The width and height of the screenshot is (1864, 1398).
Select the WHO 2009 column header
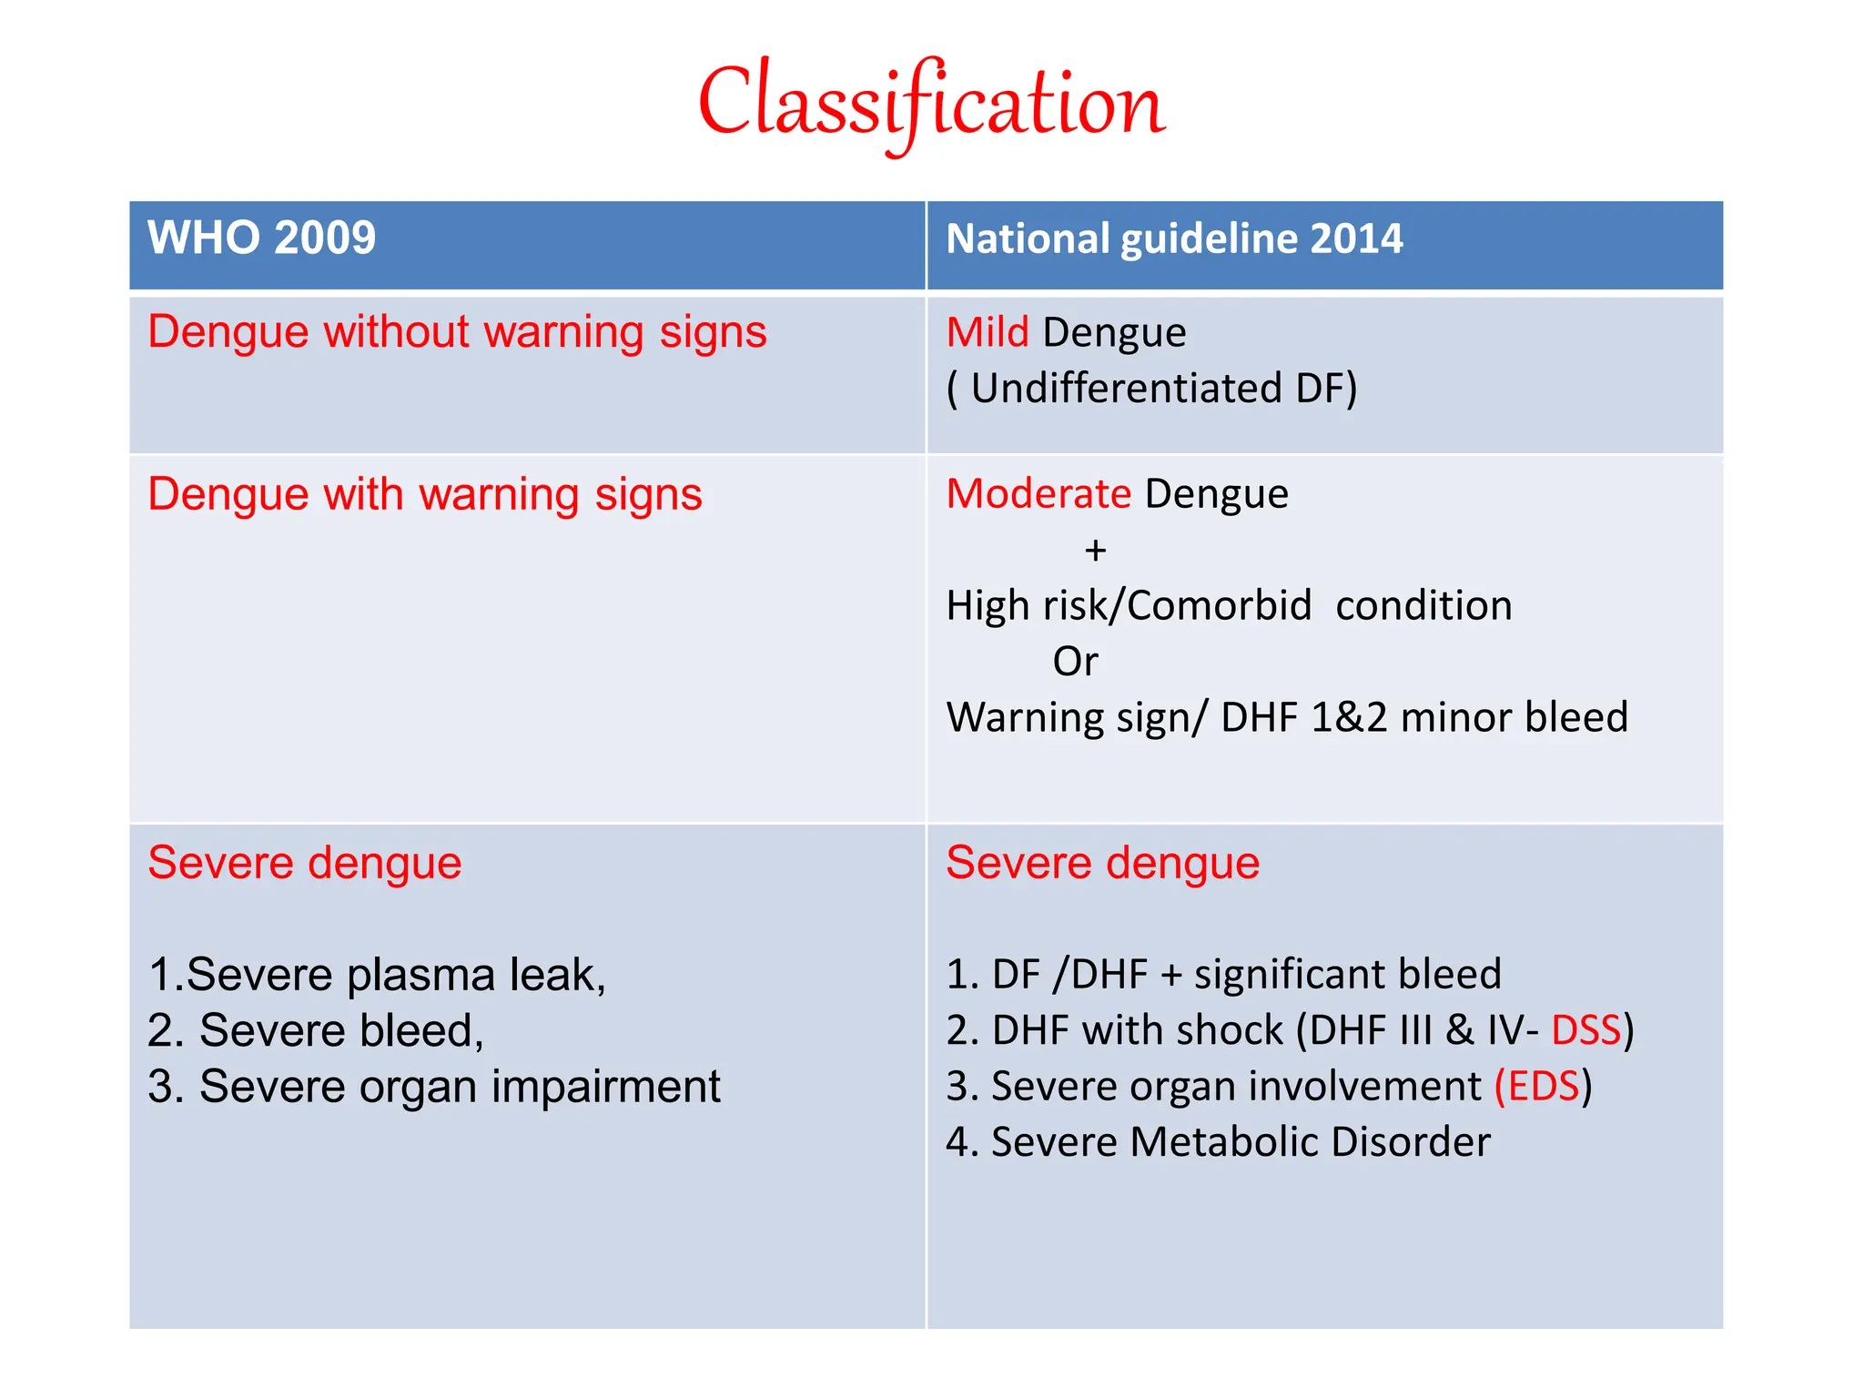coord(261,238)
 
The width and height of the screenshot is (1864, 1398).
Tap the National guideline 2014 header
coord(1174,239)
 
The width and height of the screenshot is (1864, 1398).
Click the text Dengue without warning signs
coord(457,332)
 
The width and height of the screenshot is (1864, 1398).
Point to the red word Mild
coord(988,333)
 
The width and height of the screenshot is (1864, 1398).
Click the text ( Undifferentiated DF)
coord(1151,389)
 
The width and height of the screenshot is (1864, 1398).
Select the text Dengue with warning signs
coord(425,495)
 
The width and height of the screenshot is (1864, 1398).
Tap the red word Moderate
coord(1038,494)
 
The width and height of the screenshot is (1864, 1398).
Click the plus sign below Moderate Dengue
coord(1096,551)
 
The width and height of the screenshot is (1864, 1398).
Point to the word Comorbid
coord(1220,606)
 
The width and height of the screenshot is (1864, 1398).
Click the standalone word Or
coord(1075,662)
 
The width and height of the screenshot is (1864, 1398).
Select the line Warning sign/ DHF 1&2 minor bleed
coord(1287,718)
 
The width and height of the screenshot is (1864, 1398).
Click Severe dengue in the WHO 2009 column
coord(305,864)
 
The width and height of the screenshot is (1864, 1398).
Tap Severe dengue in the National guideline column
coord(1103,864)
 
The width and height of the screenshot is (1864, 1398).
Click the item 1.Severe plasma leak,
coord(377,975)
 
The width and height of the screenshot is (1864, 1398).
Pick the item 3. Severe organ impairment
coord(434,1087)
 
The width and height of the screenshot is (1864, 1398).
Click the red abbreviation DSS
coord(1585,1031)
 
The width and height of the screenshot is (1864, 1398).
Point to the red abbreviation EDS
coord(1543,1087)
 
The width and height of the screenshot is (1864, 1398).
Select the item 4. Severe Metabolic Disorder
coord(1218,1142)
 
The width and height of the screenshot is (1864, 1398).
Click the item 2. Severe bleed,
coord(316,1031)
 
